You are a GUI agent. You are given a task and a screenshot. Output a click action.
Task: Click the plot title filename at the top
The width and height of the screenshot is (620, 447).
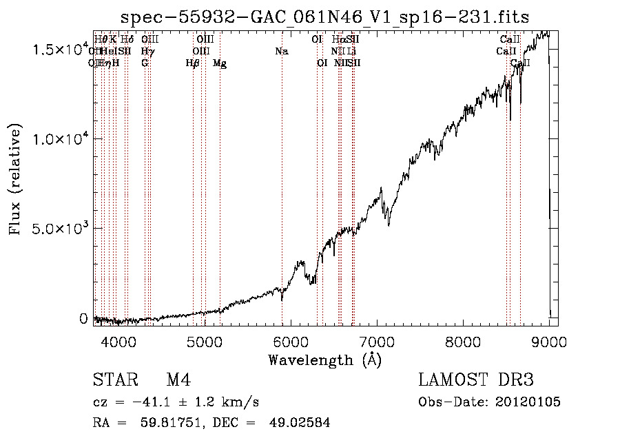tap(324, 17)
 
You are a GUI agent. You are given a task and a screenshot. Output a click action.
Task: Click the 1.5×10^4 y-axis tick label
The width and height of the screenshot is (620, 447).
tap(62, 50)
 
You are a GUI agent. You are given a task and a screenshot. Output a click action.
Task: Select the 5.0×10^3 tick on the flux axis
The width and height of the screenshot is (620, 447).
tap(62, 228)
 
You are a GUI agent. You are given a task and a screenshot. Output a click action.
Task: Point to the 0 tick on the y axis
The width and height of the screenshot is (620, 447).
tap(83, 318)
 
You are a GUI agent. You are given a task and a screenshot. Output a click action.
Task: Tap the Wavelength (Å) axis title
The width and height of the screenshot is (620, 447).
tap(324, 360)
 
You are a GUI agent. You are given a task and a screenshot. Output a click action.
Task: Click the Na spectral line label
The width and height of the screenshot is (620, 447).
tap(281, 51)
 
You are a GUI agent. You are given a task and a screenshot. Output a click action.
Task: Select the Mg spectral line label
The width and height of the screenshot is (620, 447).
tap(220, 63)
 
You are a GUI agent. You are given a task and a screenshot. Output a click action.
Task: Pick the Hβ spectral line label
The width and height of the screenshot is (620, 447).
tap(193, 63)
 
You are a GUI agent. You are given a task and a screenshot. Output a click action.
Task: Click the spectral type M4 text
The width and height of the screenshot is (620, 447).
tap(178, 381)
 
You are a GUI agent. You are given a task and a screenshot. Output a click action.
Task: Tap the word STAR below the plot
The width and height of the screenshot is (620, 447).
tap(112, 381)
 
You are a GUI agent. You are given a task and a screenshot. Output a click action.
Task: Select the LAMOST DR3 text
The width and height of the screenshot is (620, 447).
tap(476, 381)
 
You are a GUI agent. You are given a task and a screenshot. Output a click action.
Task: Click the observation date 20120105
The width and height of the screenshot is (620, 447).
tap(528, 402)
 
